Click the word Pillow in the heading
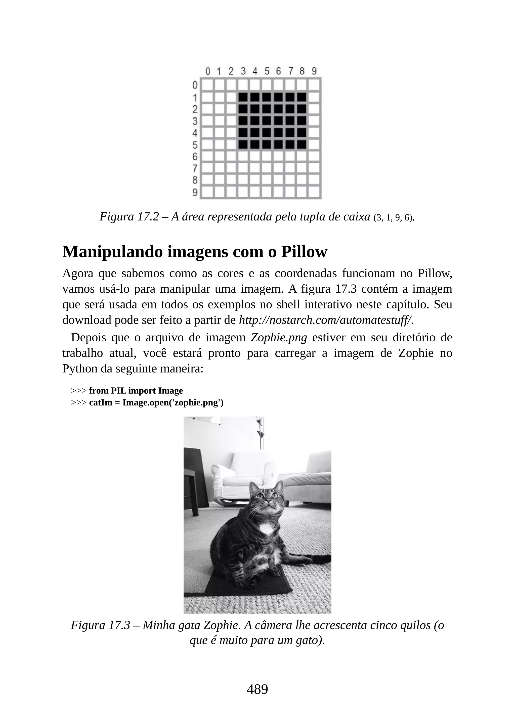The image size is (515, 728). pyautogui.click(x=304, y=252)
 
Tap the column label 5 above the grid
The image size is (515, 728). pyautogui.click(x=267, y=71)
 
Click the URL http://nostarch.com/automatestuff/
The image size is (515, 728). pyautogui.click(x=326, y=320)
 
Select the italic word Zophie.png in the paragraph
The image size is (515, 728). pyautogui.click(x=279, y=338)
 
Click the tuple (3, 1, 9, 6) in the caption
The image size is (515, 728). pyautogui.click(x=393, y=218)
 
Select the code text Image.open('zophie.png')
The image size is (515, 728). pyautogui.click(x=173, y=403)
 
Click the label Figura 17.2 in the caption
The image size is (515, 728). pyautogui.click(x=129, y=217)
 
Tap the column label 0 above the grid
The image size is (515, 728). pyautogui.click(x=208, y=71)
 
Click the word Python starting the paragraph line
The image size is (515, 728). pyautogui.click(x=80, y=369)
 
